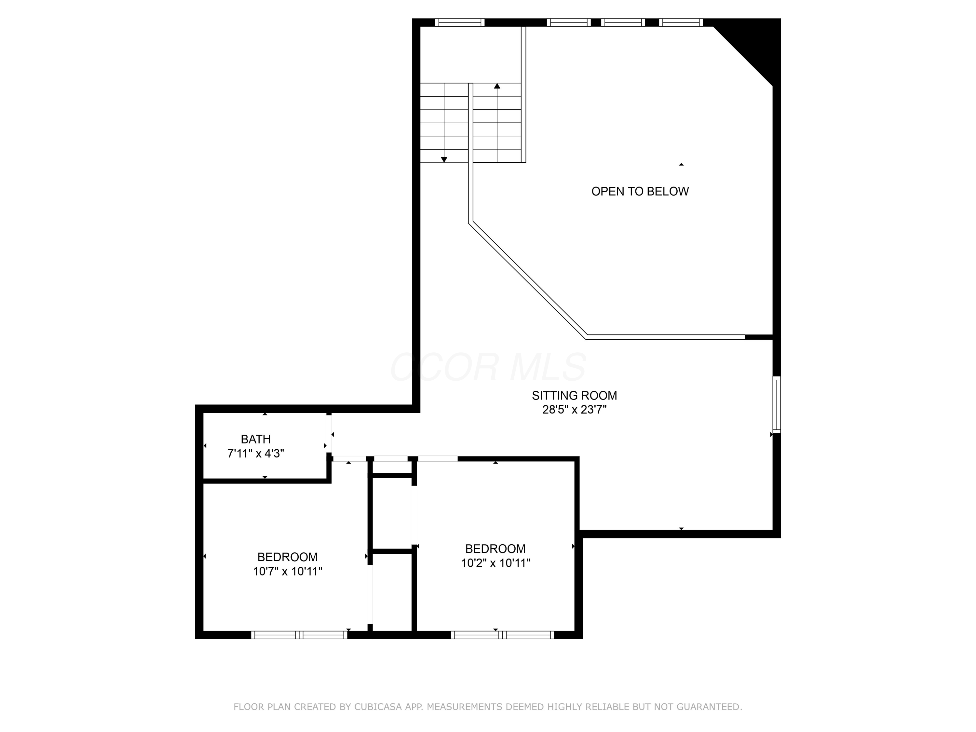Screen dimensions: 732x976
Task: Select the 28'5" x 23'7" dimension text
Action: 574,410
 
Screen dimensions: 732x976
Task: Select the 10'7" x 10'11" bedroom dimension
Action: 287,571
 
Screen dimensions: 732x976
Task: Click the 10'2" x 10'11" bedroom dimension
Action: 495,563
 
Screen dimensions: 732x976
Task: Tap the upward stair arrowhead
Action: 497,86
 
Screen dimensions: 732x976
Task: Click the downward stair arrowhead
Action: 444,160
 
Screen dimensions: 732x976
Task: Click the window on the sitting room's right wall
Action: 777,405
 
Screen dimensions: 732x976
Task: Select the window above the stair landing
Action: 460,22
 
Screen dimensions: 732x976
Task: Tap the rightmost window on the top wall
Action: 681,22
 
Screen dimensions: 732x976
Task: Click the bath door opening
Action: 329,434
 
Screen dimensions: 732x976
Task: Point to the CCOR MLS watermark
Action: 488,367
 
